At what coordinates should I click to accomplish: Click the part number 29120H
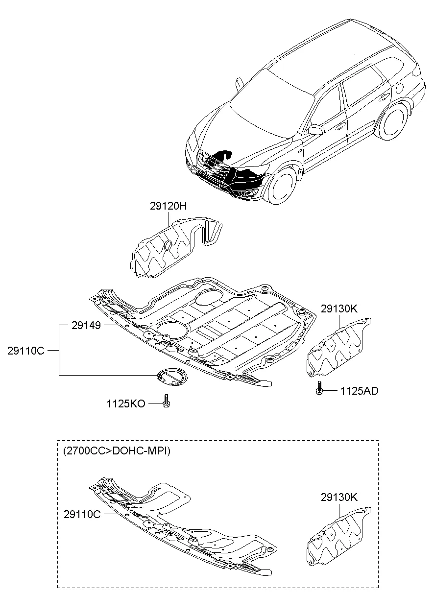pos(168,207)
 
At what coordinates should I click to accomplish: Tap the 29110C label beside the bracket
pos(26,351)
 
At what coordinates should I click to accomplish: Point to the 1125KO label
pos(126,404)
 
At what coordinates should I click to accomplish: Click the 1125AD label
pos(359,391)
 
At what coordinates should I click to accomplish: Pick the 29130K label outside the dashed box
pos(339,309)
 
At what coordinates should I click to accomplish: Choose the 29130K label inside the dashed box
pos(339,498)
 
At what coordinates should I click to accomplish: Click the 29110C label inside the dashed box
pos(82,514)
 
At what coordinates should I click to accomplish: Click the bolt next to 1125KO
pos(166,402)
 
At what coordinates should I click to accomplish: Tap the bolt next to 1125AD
pos(319,389)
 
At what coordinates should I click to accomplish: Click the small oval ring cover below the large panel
pos(171,378)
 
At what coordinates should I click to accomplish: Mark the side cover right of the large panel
pos(338,348)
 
